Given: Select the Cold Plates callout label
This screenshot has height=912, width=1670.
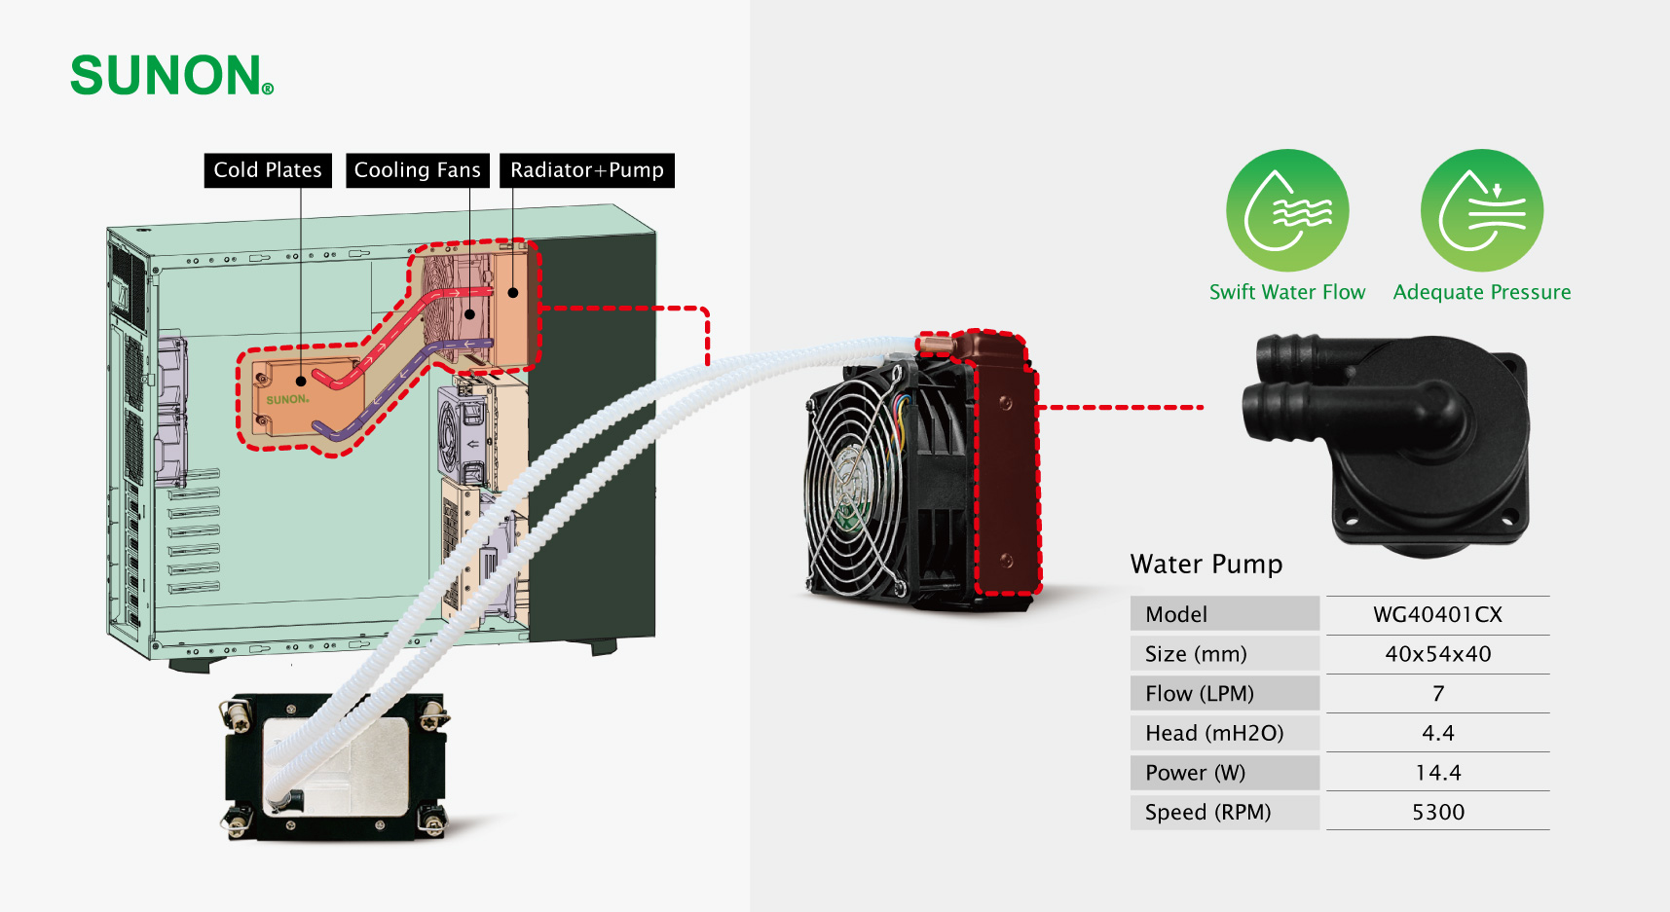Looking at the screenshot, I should [268, 170].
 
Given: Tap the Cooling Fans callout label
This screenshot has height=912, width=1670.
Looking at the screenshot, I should [417, 170].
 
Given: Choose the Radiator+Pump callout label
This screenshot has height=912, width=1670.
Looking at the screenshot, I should [586, 170].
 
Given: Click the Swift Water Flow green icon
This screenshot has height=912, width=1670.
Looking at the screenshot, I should [1287, 210].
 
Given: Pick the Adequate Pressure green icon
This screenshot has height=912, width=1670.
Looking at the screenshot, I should [1482, 210].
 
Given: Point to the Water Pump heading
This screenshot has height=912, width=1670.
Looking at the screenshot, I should [1206, 565].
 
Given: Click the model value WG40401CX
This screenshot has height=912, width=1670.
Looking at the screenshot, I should [1437, 615].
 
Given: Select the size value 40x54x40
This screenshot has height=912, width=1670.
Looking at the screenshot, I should [1437, 654].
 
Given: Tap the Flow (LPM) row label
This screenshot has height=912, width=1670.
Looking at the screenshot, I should [1200, 694].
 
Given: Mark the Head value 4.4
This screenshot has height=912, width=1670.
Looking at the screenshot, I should [1437, 733].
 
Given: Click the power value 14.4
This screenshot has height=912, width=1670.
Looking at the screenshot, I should [1437, 773].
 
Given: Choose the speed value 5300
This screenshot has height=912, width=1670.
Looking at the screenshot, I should [1437, 812].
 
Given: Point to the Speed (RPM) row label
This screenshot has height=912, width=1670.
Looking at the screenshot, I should [1207, 812].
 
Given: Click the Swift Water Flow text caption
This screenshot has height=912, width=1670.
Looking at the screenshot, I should [1287, 292].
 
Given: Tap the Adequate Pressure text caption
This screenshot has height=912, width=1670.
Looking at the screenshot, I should [1482, 292].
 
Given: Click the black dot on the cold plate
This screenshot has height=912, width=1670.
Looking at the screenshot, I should [301, 382].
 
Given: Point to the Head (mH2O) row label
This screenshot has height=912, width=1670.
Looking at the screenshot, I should [1214, 733].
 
